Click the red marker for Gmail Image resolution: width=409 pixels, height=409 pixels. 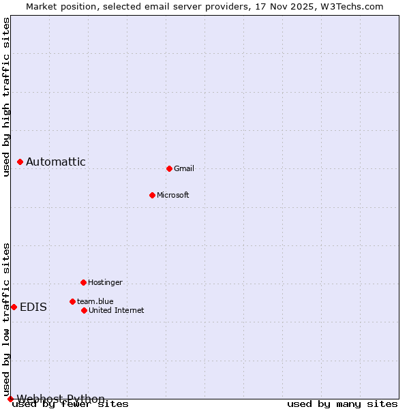[169, 168]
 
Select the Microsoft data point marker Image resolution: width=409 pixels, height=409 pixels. [152, 195]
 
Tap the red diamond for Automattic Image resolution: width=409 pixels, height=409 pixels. [20, 162]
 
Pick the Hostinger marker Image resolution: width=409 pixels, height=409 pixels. [83, 282]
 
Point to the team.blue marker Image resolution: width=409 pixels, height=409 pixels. [72, 301]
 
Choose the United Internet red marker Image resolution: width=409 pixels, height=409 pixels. [84, 310]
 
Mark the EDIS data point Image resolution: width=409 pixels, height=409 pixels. [14, 307]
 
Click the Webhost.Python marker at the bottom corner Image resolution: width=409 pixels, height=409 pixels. [10, 399]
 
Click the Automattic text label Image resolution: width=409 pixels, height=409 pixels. [56, 162]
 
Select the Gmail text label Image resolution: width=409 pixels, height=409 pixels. [184, 168]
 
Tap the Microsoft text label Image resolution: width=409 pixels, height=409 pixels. [173, 195]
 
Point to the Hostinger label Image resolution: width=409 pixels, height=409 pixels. [105, 282]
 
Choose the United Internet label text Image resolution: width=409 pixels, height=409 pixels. [116, 310]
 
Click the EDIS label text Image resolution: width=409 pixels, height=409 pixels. [33, 307]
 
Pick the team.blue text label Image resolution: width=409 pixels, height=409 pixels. [95, 301]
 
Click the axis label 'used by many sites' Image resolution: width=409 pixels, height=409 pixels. [342, 404]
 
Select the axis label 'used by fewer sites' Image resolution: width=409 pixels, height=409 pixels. [71, 404]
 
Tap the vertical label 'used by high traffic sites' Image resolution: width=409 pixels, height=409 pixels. [6, 97]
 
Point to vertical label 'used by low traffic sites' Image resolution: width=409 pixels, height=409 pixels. [6, 318]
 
